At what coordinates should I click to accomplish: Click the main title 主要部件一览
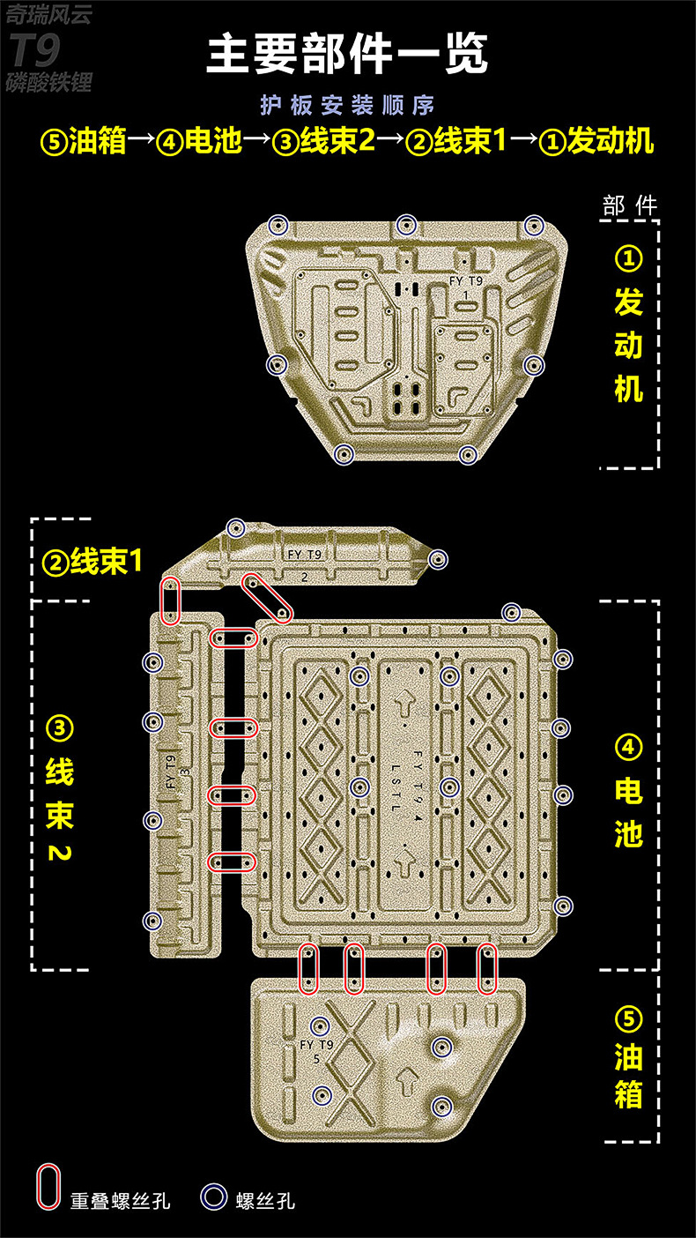click(x=347, y=55)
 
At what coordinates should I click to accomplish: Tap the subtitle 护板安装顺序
click(x=347, y=105)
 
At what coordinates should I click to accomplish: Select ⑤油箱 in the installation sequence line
click(x=85, y=141)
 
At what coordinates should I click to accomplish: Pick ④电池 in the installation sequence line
click(x=199, y=141)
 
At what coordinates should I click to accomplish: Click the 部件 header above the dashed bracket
click(x=630, y=205)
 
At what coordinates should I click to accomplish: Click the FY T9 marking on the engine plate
click(x=466, y=280)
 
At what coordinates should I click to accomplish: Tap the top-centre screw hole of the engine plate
click(x=405, y=225)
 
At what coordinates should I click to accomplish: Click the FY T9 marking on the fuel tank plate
click(x=316, y=1045)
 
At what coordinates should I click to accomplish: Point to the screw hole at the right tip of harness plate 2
click(x=438, y=559)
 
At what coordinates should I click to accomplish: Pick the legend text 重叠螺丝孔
click(x=121, y=1200)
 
